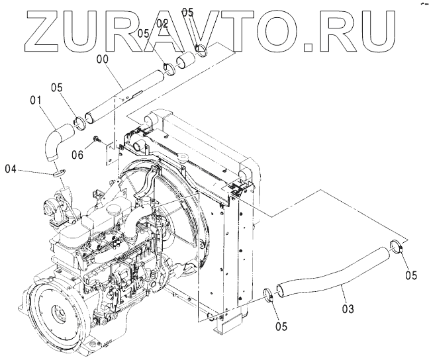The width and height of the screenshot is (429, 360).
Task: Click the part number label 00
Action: pyautogui.click(x=103, y=58)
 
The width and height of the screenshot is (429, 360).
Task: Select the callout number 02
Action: pyautogui.click(x=162, y=24)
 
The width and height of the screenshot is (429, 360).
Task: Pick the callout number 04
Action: pyautogui.click(x=10, y=169)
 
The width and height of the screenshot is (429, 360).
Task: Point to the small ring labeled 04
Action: pyautogui.click(x=58, y=172)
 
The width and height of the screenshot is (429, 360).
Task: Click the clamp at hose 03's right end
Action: pyautogui.click(x=396, y=248)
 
